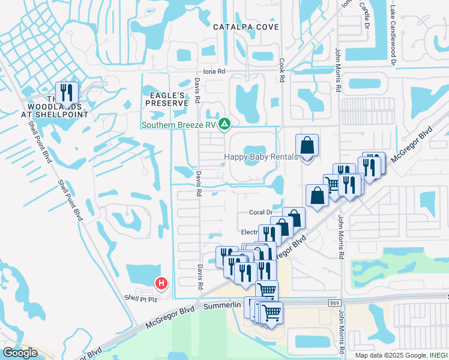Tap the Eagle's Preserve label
pyautogui.click(x=164, y=98)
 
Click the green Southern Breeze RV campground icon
pyautogui.click(x=224, y=124)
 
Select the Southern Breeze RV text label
pyautogui.click(x=178, y=125)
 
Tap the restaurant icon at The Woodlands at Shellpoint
pyautogui.click(x=67, y=92)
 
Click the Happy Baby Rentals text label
pyautogui.click(x=261, y=157)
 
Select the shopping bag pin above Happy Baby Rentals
pyautogui.click(x=307, y=145)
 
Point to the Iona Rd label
pyautogui.click(x=214, y=71)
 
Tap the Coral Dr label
pyautogui.click(x=261, y=212)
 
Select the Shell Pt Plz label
pyautogui.click(x=140, y=298)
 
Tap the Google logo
pyautogui.click(x=20, y=353)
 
